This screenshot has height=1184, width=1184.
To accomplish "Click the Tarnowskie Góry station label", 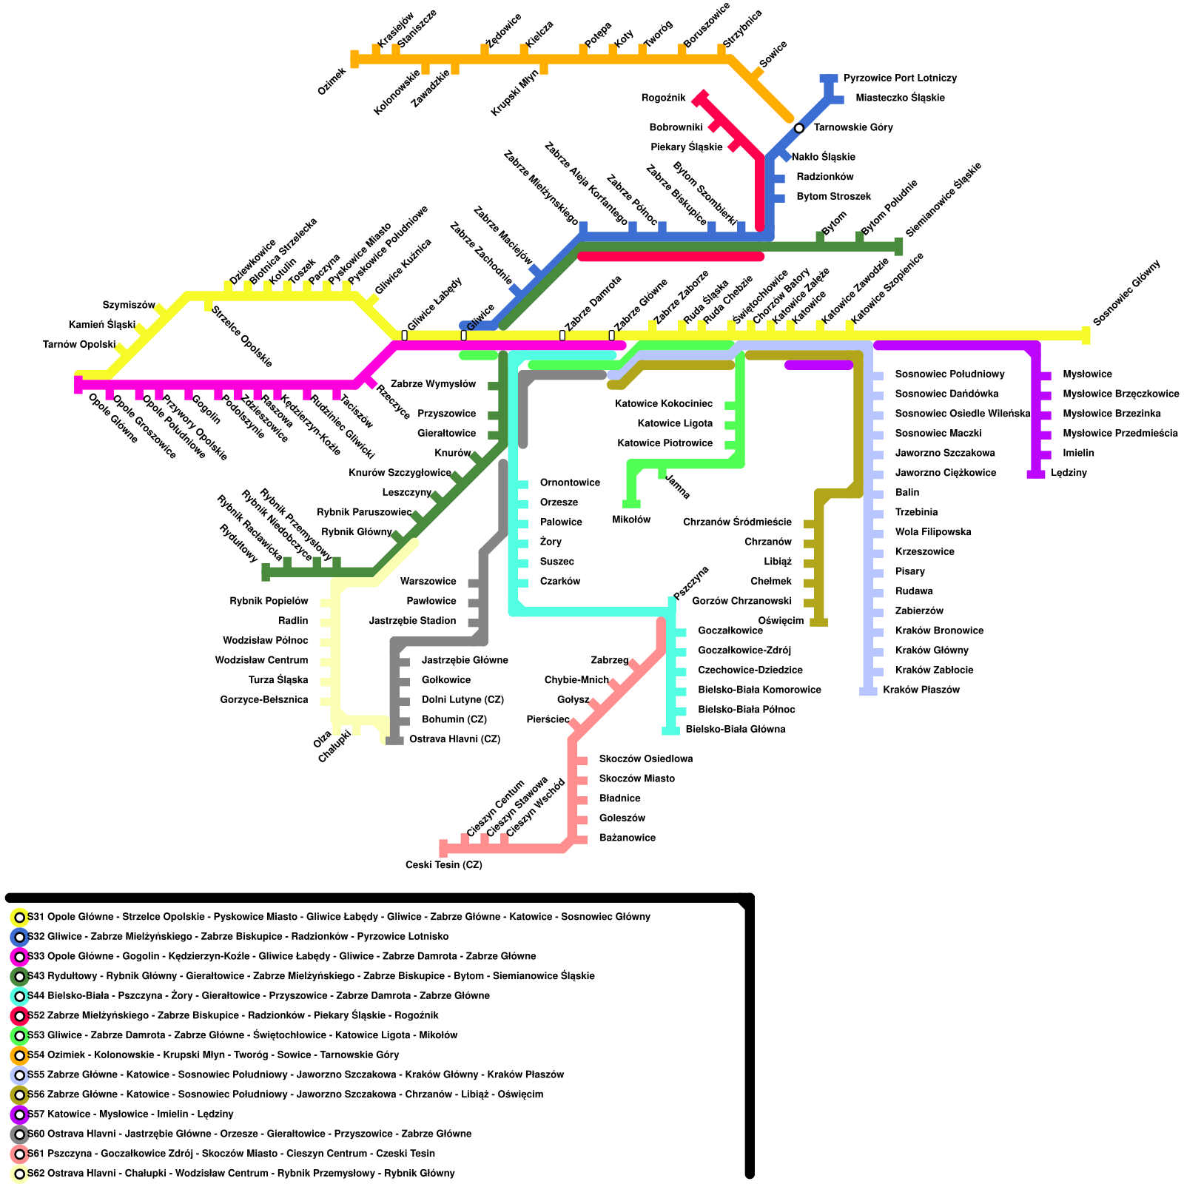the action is coord(852,127).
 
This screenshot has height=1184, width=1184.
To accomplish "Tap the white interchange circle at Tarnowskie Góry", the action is coord(799,128).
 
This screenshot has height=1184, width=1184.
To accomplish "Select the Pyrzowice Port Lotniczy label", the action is coord(900,78).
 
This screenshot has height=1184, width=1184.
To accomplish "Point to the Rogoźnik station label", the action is coord(663,98).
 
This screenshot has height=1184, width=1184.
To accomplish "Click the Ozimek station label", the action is coord(332,81).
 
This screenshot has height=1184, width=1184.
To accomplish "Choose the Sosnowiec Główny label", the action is coord(1126,292).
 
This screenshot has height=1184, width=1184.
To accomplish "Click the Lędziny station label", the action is coord(1069,473).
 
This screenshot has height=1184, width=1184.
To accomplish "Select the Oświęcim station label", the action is coord(781,621).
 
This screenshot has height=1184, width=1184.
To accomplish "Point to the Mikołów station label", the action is coord(631,519).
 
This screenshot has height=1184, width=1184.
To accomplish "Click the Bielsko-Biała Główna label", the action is coord(735,729).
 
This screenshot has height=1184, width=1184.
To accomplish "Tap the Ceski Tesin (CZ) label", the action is coord(443,865).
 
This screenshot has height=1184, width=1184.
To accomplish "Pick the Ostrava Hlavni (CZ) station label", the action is coord(454,739).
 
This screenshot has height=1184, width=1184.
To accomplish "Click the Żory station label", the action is coord(551,542).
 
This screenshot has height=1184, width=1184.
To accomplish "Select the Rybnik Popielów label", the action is coord(269,601).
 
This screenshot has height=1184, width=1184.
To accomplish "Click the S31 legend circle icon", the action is coord(19,917).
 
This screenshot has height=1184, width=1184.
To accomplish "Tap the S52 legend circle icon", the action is coord(19,1015).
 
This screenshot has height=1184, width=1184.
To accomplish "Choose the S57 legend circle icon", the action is coord(19,1114).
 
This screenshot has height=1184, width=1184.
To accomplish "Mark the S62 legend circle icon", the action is coord(19,1174).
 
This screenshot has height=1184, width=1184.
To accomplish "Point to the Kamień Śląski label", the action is coord(101,325).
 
